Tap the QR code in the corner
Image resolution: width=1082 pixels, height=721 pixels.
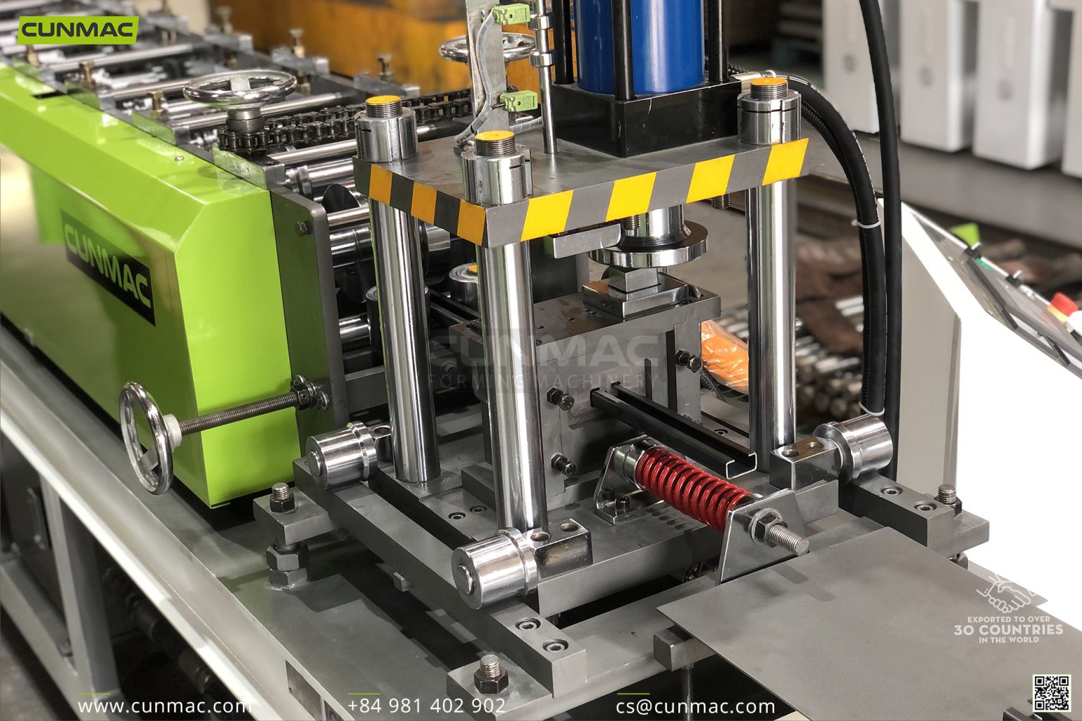pyautogui.click(x=1052, y=693)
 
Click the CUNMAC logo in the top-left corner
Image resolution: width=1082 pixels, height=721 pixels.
pyautogui.click(x=77, y=30)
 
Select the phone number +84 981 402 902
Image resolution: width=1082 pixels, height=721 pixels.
pyautogui.click(x=426, y=706)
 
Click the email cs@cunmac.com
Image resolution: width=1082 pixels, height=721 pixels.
pyautogui.click(x=695, y=706)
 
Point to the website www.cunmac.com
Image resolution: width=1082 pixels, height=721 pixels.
pyautogui.click(x=163, y=706)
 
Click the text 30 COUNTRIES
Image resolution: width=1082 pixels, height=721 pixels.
pyautogui.click(x=1008, y=629)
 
